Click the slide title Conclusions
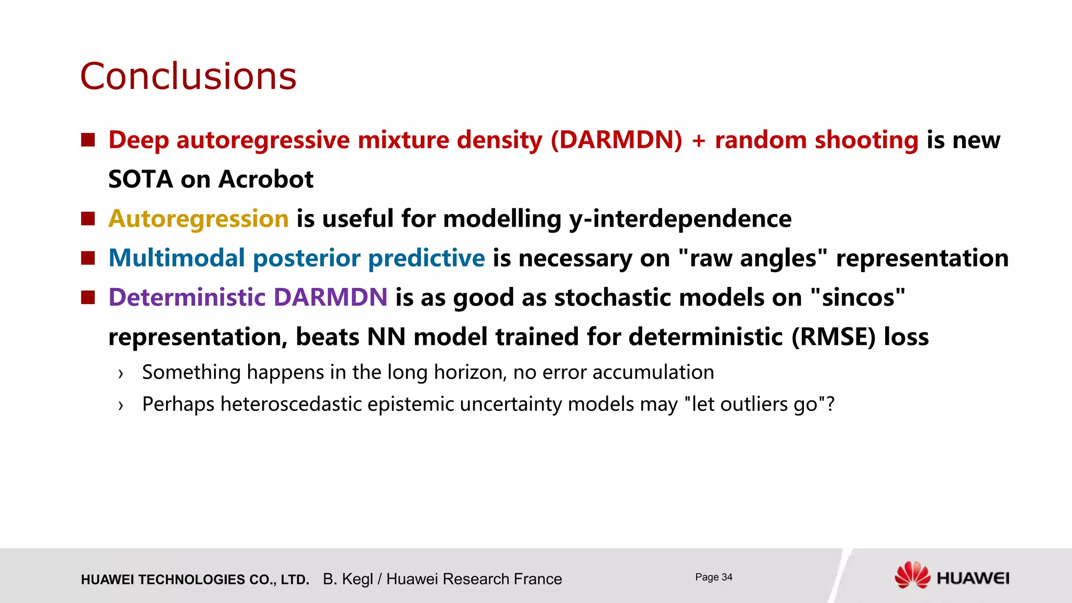click(x=188, y=76)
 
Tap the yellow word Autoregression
click(x=198, y=219)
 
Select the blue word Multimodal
click(x=176, y=258)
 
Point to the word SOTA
click(x=140, y=180)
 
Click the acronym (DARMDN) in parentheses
click(x=617, y=140)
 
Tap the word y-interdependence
click(x=680, y=219)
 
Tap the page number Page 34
click(x=713, y=577)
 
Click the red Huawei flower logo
click(x=912, y=575)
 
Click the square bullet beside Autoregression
click(x=88, y=218)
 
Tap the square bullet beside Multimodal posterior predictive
click(x=88, y=258)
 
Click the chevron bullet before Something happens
click(x=121, y=373)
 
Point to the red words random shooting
click(x=816, y=140)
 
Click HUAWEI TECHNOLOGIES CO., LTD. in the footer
click(x=195, y=579)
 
